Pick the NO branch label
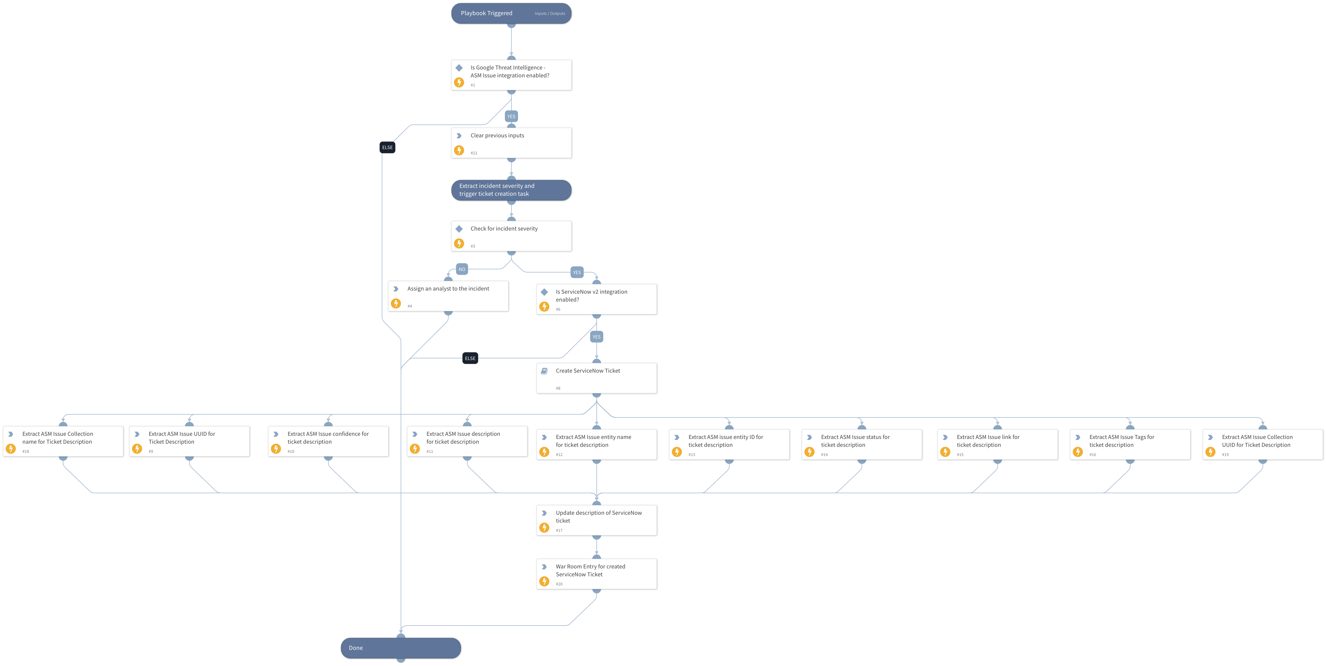(462, 269)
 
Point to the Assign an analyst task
(448, 296)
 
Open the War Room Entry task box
(597, 574)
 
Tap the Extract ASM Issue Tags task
(1130, 444)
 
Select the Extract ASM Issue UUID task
(189, 441)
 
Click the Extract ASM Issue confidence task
(328, 441)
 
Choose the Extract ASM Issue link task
(997, 444)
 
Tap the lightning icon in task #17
(544, 528)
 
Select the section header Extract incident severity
(511, 190)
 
